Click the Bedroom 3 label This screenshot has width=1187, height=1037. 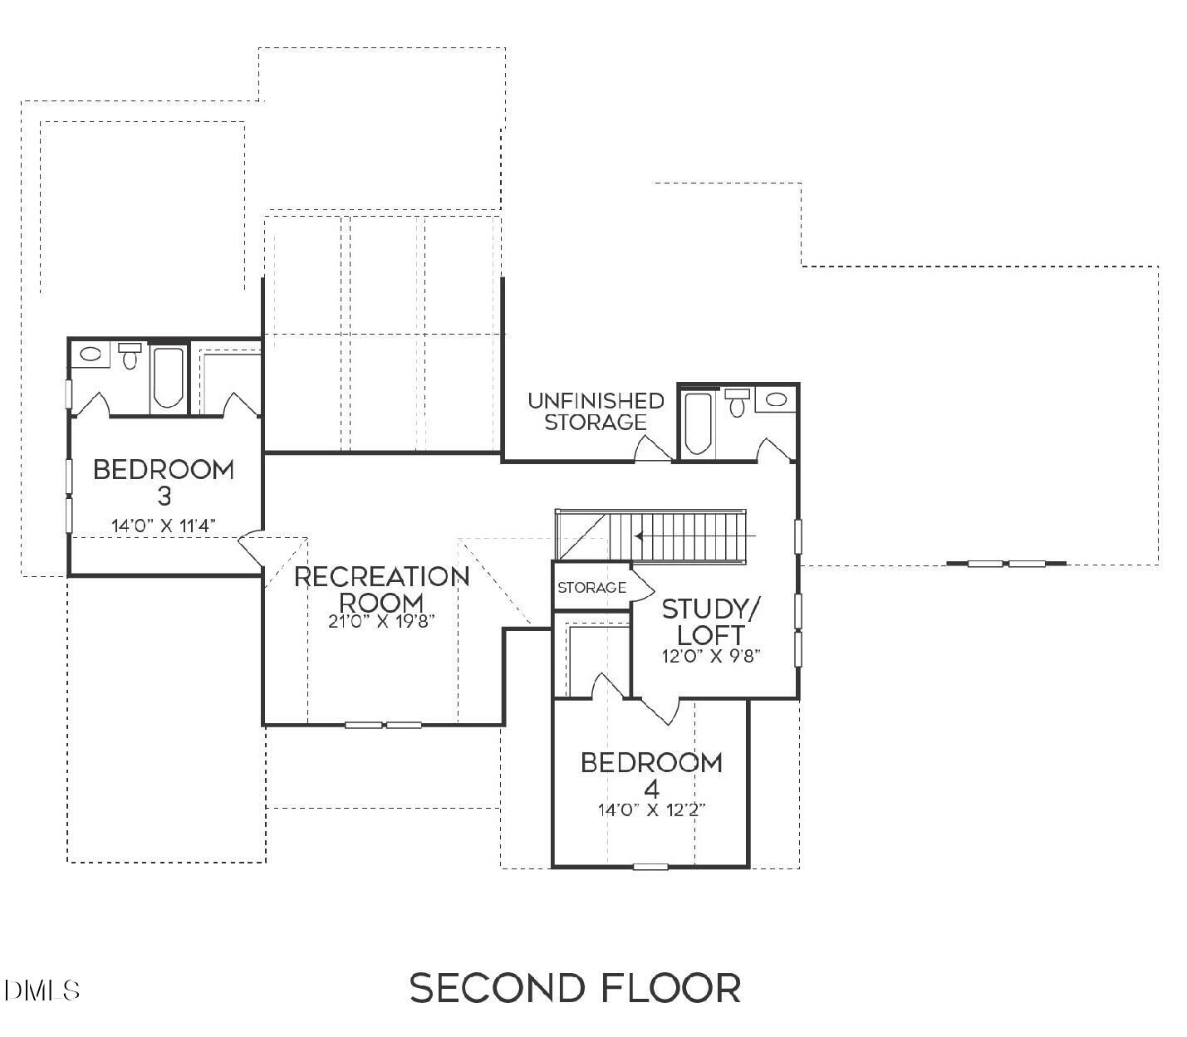pyautogui.click(x=164, y=482)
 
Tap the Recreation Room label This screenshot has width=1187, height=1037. pyautogui.click(x=381, y=588)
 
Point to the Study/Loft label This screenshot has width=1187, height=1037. pyautogui.click(x=710, y=621)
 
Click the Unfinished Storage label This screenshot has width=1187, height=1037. pyautogui.click(x=596, y=411)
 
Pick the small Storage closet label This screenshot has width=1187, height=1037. pyautogui.click(x=591, y=588)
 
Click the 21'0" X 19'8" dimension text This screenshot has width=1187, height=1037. pyautogui.click(x=381, y=621)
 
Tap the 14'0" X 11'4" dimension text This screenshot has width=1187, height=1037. pyautogui.click(x=164, y=526)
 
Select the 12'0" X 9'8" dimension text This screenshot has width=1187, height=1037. pyautogui.click(x=711, y=655)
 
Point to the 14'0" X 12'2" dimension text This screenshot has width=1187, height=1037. pyautogui.click(x=651, y=810)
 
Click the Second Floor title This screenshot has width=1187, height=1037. pyautogui.click(x=575, y=988)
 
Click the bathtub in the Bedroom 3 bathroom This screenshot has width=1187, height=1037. pyautogui.click(x=169, y=379)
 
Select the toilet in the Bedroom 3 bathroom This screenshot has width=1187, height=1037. pyautogui.click(x=130, y=356)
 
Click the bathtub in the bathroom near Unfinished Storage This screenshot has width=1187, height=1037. pyautogui.click(x=698, y=423)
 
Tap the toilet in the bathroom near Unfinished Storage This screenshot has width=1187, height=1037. pyautogui.click(x=737, y=404)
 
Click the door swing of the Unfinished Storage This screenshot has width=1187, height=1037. pyautogui.click(x=652, y=448)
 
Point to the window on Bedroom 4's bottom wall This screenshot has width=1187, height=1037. pyautogui.click(x=650, y=867)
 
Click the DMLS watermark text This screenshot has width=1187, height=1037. pyautogui.click(x=42, y=990)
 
